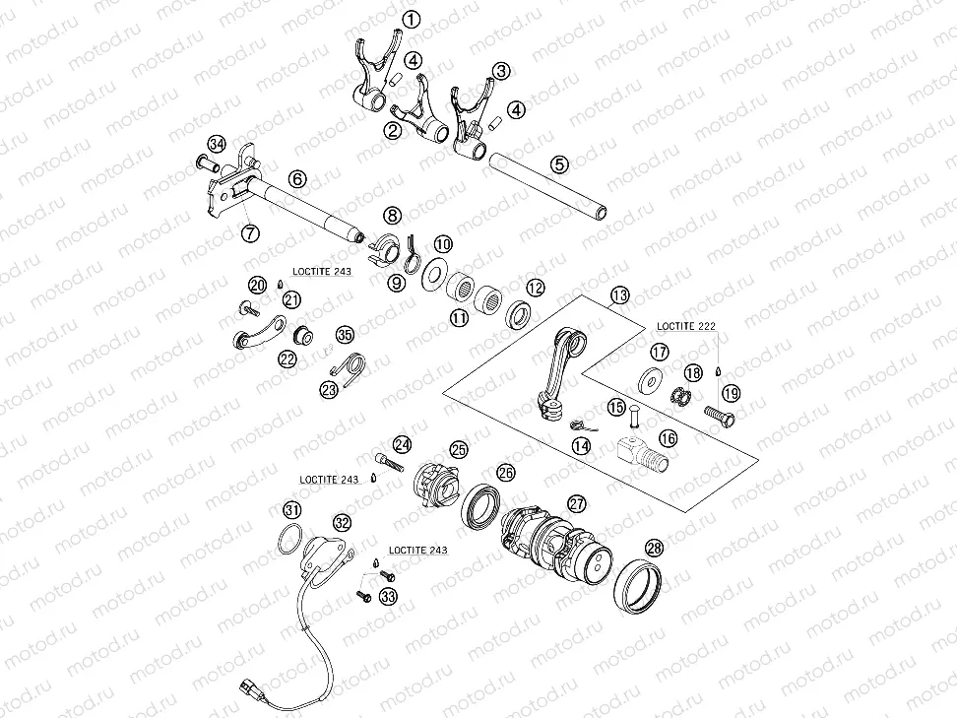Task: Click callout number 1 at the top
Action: tap(411, 19)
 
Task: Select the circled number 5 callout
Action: tap(558, 164)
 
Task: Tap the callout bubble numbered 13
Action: tap(618, 295)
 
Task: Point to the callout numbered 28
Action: tap(654, 549)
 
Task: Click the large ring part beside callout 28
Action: tap(636, 586)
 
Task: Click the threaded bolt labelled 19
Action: tap(720, 414)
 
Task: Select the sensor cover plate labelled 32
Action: tap(321, 555)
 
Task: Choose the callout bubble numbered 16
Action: tap(668, 439)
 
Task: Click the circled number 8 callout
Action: tap(393, 214)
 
